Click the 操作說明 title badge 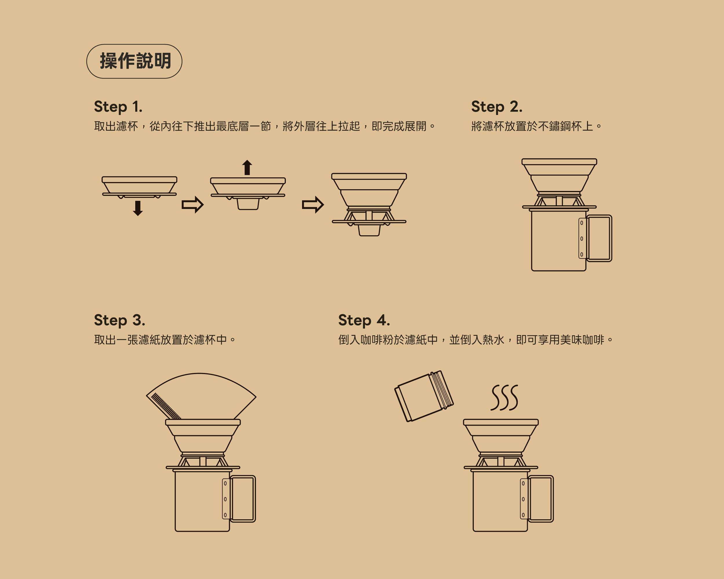pos(134,61)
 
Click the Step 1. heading pos(118,107)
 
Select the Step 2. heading pos(497,107)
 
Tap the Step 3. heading pos(120,320)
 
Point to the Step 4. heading pos(364,320)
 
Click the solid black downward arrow pos(138,208)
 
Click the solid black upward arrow pos(247,167)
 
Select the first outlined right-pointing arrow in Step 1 pos(192,204)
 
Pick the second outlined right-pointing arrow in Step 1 pos(313,204)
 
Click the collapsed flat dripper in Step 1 pos(139,187)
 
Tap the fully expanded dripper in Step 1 pos(369,205)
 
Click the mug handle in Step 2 pos(599,238)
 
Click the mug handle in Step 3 pos(243,499)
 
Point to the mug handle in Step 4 pos(541,499)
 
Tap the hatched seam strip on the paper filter pos(166,406)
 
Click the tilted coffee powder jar pos(424,396)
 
